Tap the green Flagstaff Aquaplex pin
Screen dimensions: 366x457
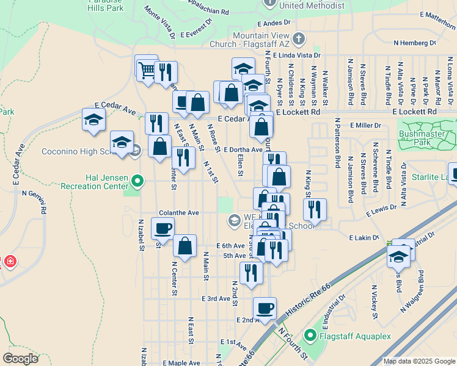tap(310, 335)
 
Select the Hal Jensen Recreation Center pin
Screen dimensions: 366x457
tap(137, 181)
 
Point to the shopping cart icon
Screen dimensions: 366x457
tap(147, 68)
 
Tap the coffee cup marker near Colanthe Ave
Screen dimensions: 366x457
tap(163, 229)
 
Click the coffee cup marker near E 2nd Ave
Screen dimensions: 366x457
tap(265, 309)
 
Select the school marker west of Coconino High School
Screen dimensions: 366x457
tap(93, 120)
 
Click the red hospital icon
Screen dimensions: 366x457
tap(10, 262)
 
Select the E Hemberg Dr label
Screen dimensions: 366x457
tap(415, 43)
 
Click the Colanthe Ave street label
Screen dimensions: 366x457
tap(179, 213)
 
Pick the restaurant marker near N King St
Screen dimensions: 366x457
tap(315, 210)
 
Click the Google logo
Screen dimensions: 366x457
tap(20, 358)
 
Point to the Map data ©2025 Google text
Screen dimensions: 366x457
tap(419, 361)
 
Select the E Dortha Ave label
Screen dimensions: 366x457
tap(243, 149)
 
